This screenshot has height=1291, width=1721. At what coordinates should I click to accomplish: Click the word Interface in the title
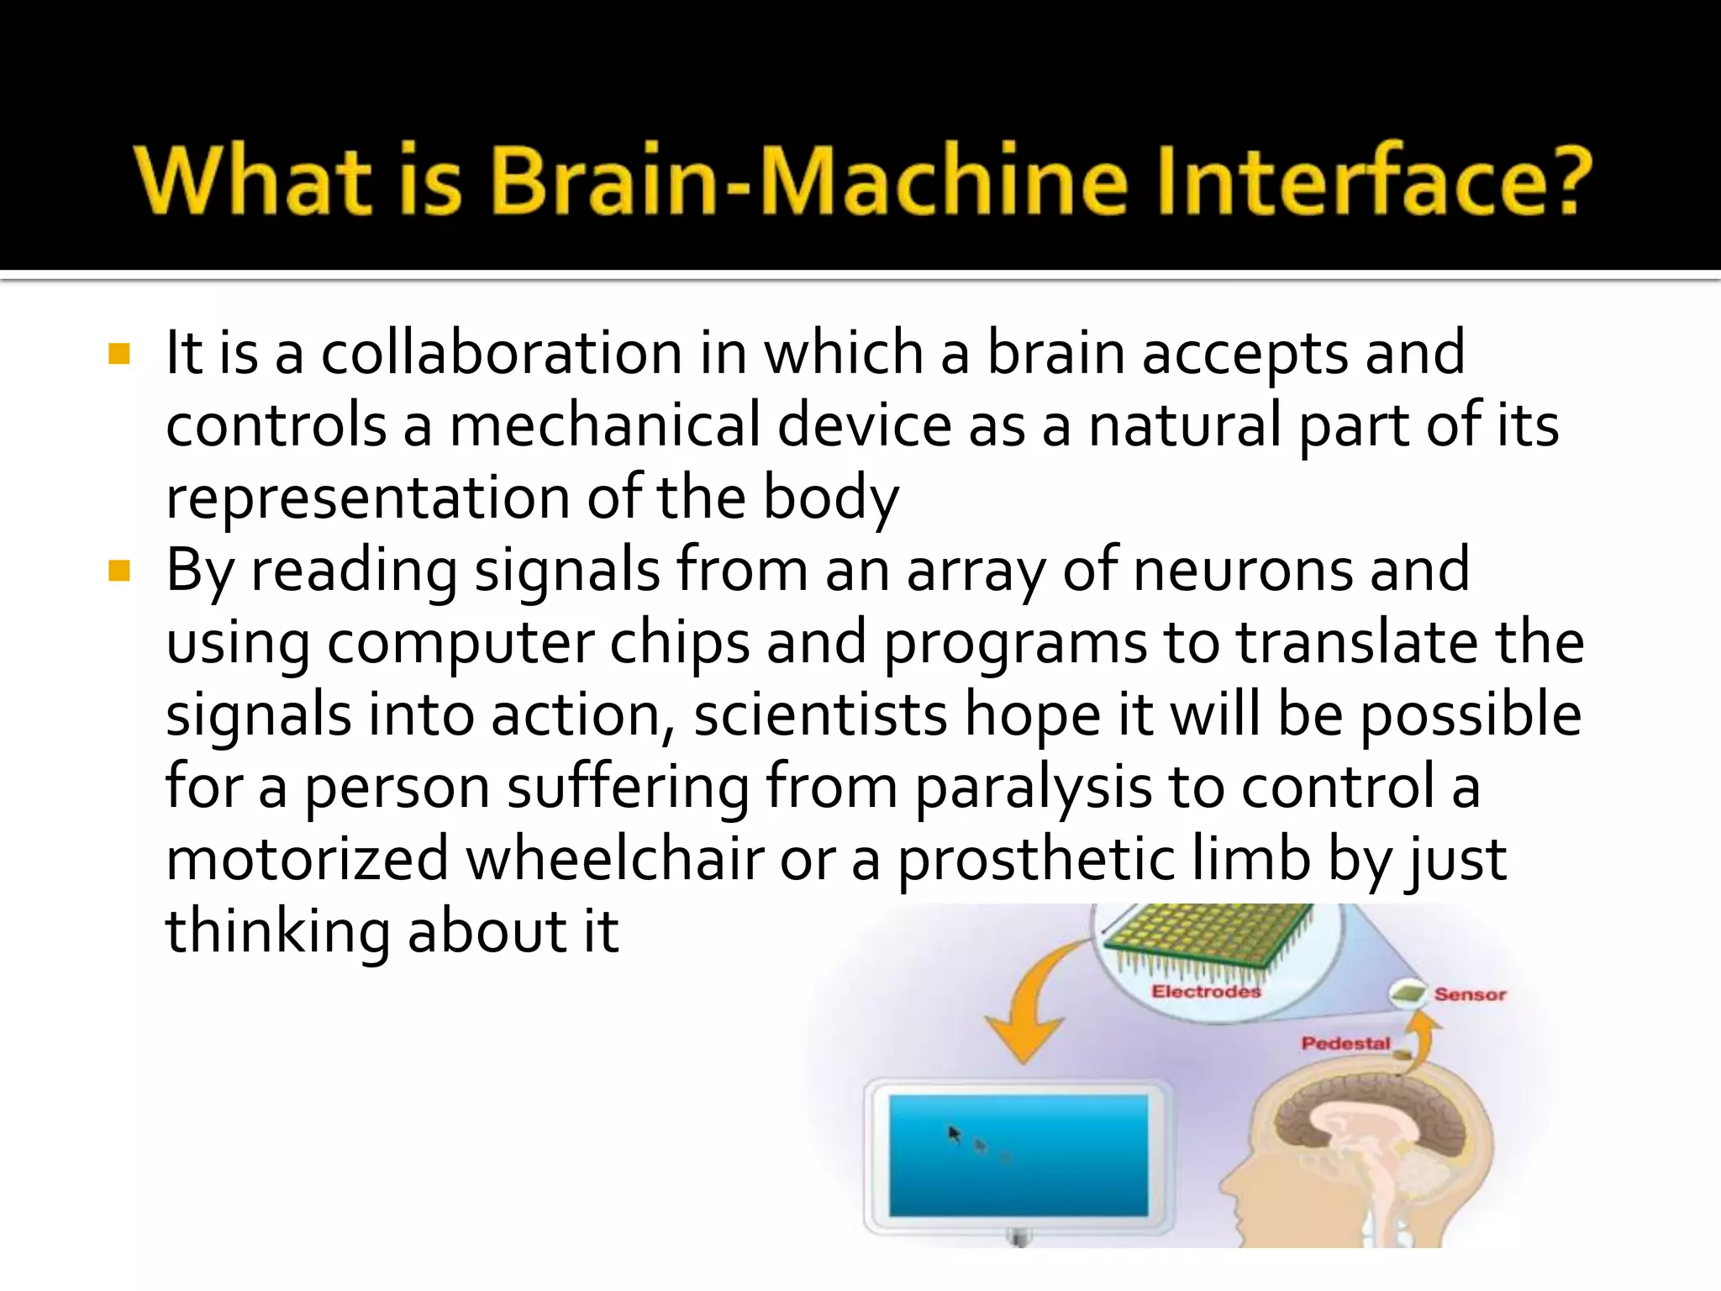tap(1336, 181)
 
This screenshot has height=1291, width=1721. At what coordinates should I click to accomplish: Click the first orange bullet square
tap(119, 354)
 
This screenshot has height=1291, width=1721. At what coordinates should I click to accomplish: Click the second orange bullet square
tap(119, 572)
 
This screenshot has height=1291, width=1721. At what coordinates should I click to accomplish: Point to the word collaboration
tap(502, 353)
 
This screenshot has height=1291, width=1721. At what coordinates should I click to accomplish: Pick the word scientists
tap(820, 715)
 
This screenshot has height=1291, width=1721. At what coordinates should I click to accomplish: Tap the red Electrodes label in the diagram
tap(1206, 992)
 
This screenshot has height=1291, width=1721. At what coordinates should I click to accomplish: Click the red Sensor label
tap(1470, 994)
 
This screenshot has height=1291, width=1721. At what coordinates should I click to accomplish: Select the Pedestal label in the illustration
tap(1345, 1043)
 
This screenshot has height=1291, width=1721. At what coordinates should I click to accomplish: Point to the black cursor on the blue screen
tap(954, 1135)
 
